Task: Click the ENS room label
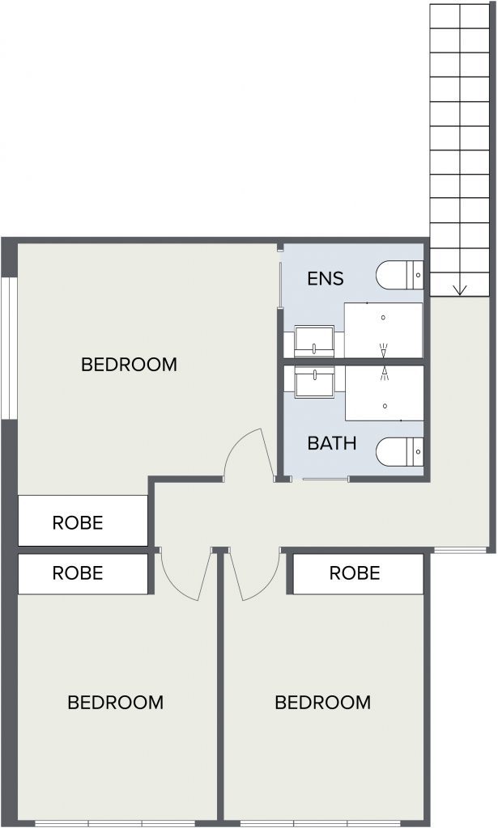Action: pos(326,278)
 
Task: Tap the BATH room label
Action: pos(332,443)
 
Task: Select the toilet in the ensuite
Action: pos(400,275)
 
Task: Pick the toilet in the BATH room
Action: pos(400,452)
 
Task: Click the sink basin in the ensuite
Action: pos(314,341)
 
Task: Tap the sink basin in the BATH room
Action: pos(314,382)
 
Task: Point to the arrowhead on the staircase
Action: pos(460,290)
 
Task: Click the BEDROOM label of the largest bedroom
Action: pos(129,365)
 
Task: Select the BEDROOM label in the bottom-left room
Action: pos(116,703)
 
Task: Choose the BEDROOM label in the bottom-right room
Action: pos(323,703)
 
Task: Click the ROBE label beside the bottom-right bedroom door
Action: pos(355,573)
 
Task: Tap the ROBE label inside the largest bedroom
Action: pos(78,523)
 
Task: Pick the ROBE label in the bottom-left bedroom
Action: pos(78,573)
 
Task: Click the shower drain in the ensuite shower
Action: pos(383,317)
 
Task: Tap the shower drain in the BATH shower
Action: pos(385,406)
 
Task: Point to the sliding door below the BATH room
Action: pos(326,479)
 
